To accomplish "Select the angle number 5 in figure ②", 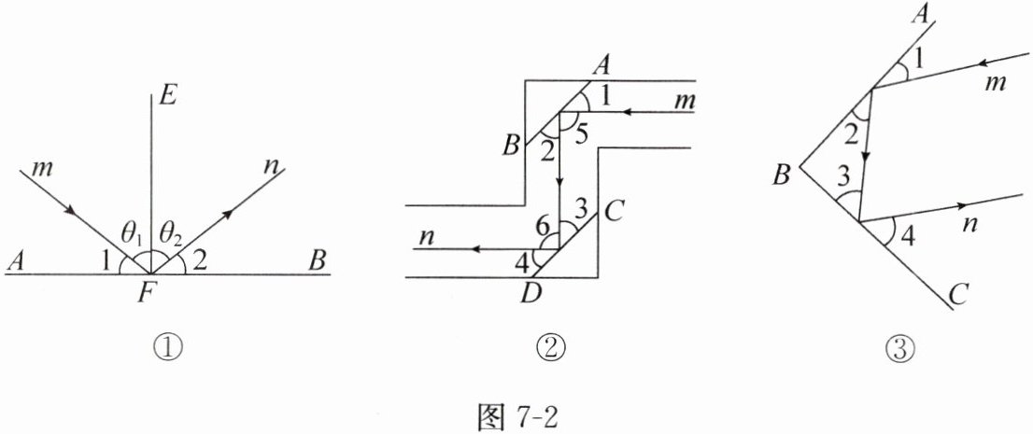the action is coord(582,133).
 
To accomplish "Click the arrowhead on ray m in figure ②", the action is coord(630,113).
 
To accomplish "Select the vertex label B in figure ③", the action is coord(782,176).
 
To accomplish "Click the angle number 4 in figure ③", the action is coord(909,236).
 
